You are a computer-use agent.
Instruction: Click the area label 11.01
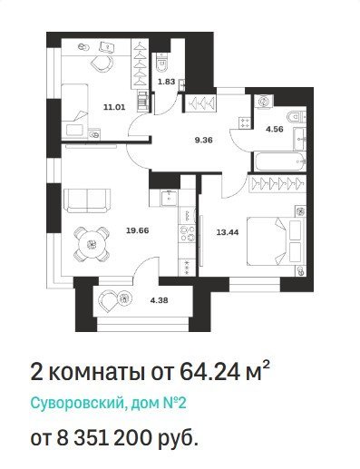tap(114, 107)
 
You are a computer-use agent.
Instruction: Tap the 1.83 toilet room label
tap(166, 82)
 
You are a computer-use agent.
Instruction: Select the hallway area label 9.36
tap(204, 140)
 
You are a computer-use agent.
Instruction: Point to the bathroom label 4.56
tap(274, 129)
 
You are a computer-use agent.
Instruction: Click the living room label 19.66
tap(138, 230)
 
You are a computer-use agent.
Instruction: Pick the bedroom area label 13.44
tap(228, 232)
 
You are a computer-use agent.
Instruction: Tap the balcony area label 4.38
tap(159, 300)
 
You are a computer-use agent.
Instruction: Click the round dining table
tap(92, 244)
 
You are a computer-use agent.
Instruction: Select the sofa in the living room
tap(87, 200)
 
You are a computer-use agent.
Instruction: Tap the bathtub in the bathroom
tap(279, 161)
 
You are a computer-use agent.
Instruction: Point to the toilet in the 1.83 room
tap(162, 62)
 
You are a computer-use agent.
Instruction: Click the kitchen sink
tap(169, 199)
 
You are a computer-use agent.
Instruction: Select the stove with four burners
tap(188, 234)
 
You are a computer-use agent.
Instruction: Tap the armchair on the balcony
tap(108, 299)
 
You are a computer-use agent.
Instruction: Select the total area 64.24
tap(209, 372)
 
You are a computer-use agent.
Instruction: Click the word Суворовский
tap(77, 403)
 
